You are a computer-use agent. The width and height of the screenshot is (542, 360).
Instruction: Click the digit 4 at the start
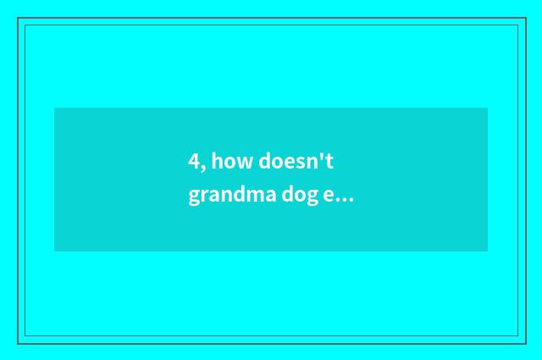pyautogui.click(x=194, y=161)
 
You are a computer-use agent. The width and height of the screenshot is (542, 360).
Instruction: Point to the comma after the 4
pyautogui.click(x=203, y=167)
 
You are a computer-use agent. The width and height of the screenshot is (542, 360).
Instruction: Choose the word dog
pyautogui.click(x=300, y=197)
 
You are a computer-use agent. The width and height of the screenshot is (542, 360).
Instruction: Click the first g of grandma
pyautogui.click(x=195, y=198)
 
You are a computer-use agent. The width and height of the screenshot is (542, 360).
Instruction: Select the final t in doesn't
pyautogui.click(x=344, y=161)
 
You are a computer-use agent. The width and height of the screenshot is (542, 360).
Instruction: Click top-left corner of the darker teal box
pyautogui.click(x=55, y=108)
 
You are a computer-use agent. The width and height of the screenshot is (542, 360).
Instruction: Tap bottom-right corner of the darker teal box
pyautogui.click(x=487, y=251)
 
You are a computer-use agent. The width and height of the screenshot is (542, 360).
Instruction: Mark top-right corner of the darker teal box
pyautogui.click(x=487, y=108)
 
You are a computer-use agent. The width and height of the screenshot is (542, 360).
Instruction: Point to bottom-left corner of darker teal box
pyautogui.click(x=55, y=251)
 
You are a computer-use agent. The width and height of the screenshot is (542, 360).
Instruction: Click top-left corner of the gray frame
pyautogui.click(x=18, y=18)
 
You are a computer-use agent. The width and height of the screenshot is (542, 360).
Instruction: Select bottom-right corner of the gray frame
pyautogui.click(x=525, y=342)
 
